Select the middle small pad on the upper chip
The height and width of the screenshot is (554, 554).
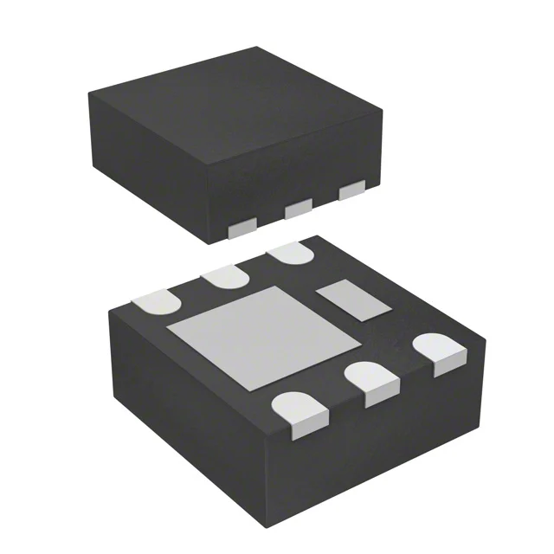click(x=298, y=207)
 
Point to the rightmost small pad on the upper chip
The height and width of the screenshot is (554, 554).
click(x=352, y=190)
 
